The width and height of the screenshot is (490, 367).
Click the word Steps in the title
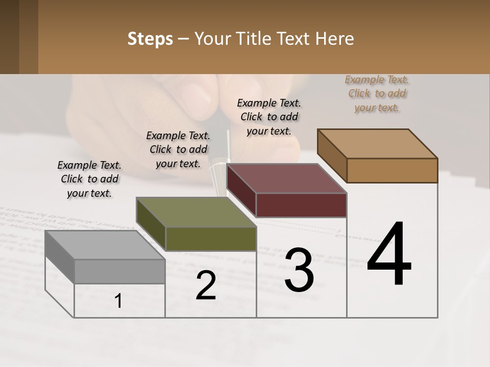[150, 39]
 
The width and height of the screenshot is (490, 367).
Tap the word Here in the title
[335, 39]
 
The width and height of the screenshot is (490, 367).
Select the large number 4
[389, 254]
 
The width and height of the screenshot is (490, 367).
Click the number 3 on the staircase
[299, 270]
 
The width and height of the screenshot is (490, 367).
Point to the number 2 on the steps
[206, 285]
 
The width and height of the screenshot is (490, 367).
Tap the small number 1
[118, 301]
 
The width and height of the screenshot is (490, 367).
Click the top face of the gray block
[105, 245]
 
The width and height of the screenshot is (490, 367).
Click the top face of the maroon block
[286, 178]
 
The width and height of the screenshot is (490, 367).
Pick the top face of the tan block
[377, 144]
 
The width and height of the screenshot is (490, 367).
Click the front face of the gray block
[119, 271]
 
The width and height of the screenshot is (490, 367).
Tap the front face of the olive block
[210, 239]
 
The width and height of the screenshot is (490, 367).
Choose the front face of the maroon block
[301, 205]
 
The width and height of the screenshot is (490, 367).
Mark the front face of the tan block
[392, 170]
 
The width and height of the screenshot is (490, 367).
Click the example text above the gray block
[89, 179]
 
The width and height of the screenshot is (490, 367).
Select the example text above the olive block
[178, 149]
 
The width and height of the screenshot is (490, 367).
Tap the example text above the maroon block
[269, 117]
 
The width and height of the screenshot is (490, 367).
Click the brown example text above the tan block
[377, 93]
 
